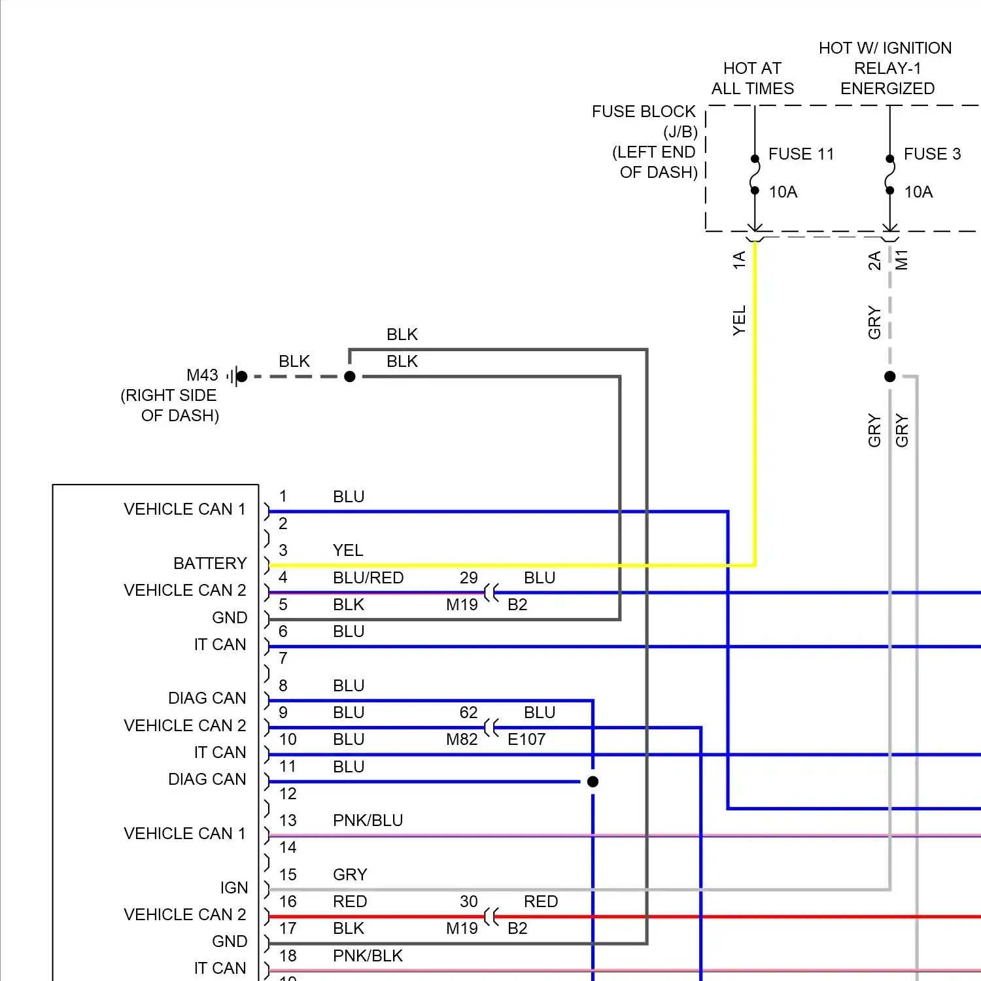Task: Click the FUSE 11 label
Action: [801, 154]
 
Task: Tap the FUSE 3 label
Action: [932, 154]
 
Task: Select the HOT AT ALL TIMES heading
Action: [752, 78]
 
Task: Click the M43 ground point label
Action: [202, 375]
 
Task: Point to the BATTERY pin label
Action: [210, 563]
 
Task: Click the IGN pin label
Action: [233, 887]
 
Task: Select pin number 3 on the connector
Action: [283, 551]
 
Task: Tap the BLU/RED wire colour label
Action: [368, 577]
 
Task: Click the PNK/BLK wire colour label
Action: [368, 955]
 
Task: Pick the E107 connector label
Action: [526, 740]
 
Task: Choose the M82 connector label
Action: [462, 740]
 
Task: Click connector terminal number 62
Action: [468, 712]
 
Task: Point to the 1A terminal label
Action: [740, 260]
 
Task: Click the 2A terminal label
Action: [874, 260]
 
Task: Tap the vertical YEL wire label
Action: [740, 320]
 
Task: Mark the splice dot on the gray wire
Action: [889, 377]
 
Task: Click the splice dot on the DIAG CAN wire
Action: [593, 782]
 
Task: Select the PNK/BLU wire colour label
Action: [368, 820]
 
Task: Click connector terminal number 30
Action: [468, 901]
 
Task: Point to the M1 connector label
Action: [902, 260]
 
